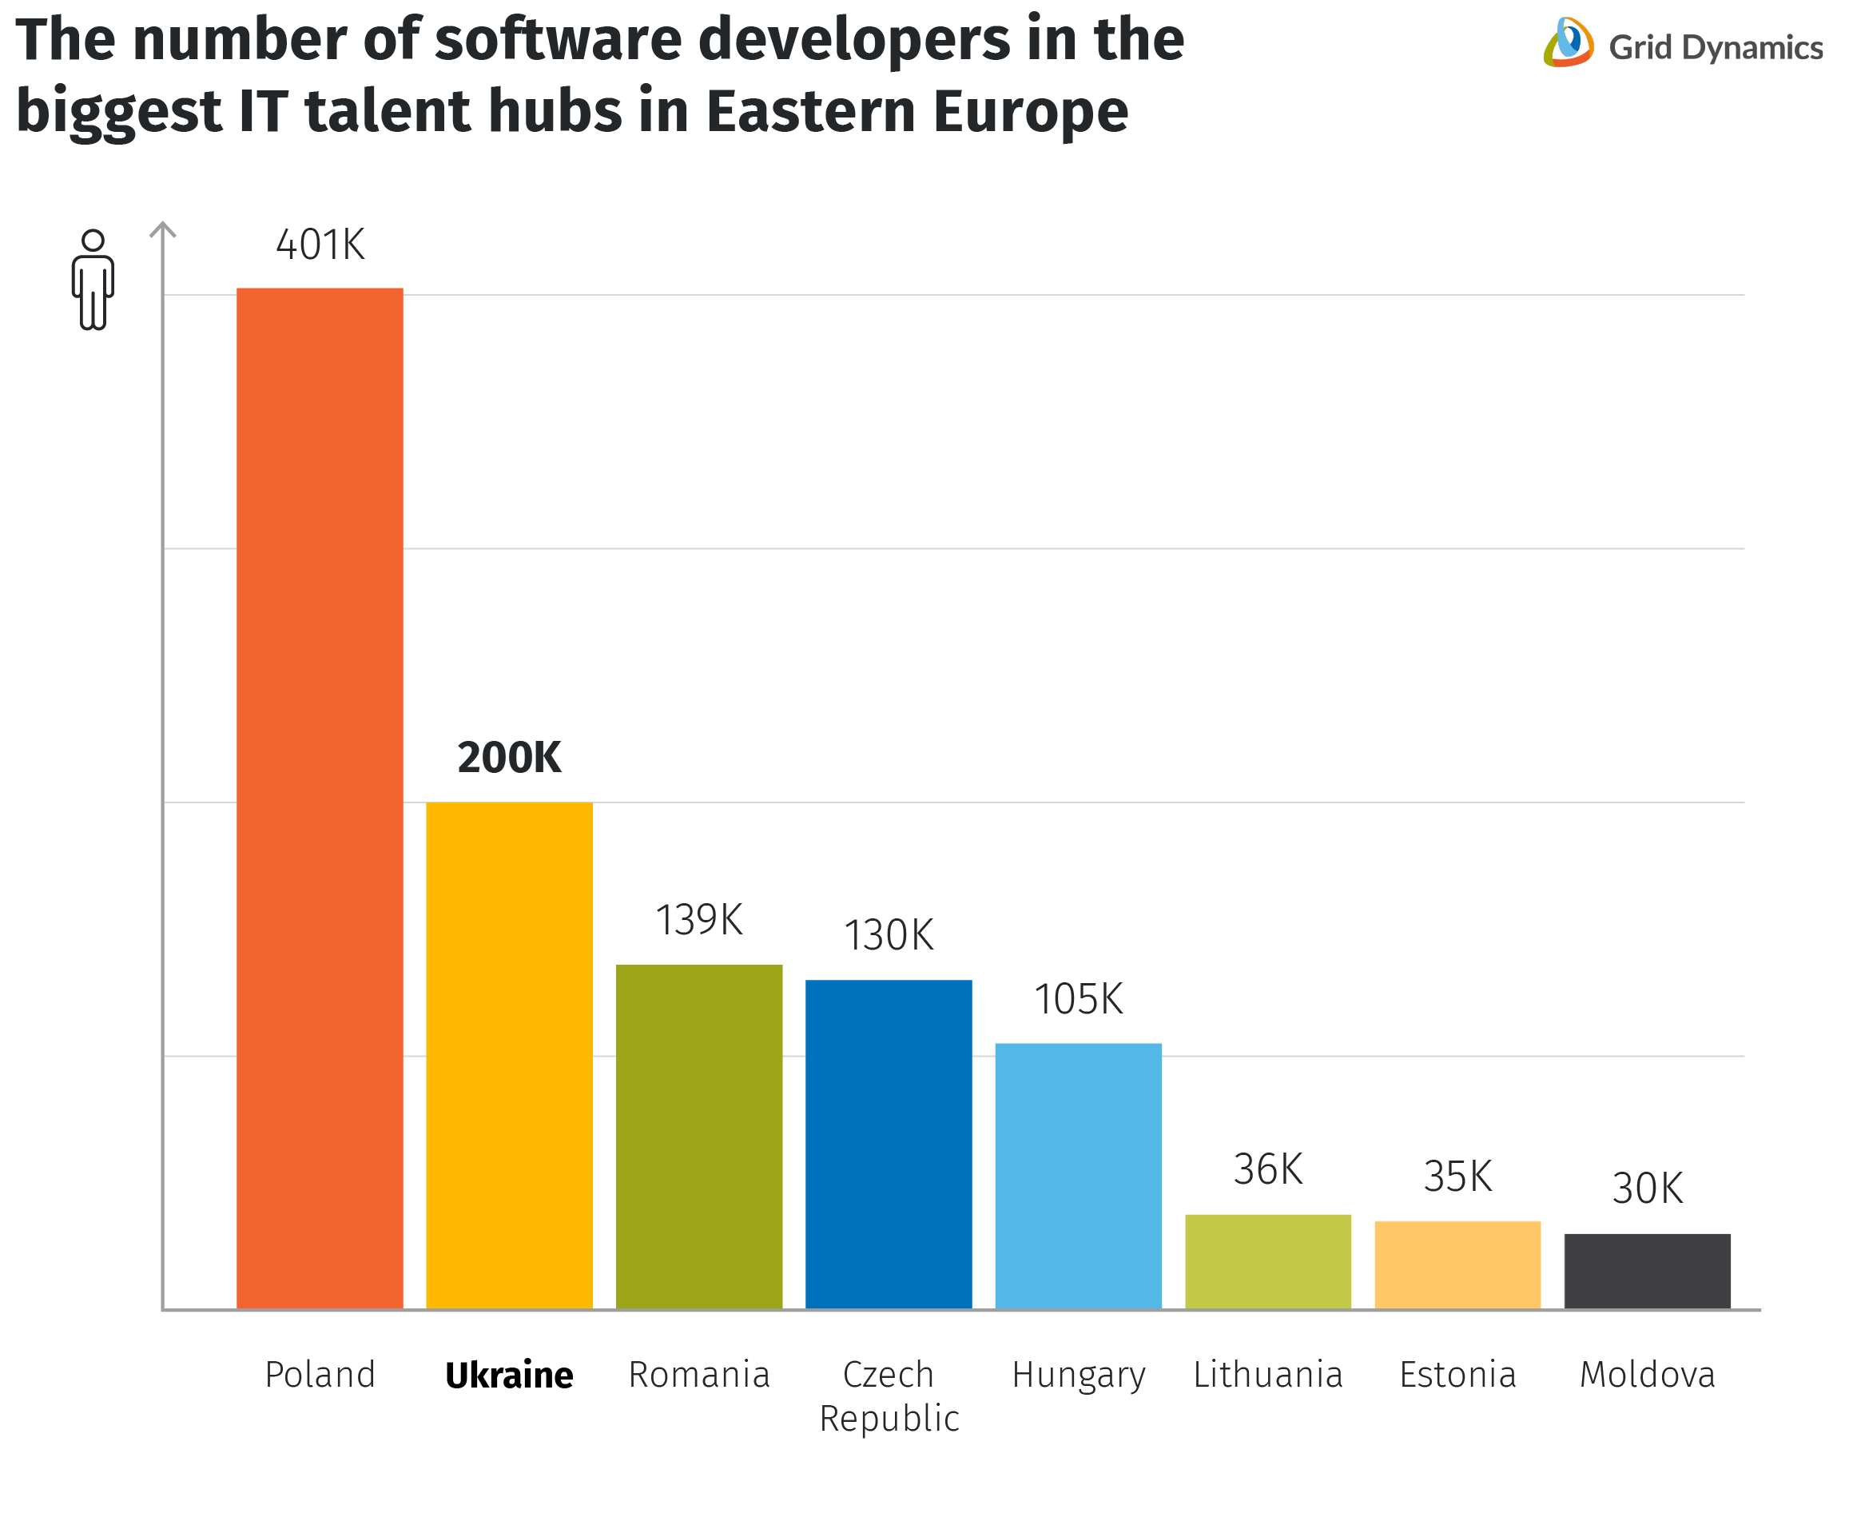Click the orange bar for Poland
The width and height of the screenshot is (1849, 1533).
tap(320, 797)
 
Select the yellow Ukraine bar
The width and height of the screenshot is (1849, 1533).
tap(509, 1054)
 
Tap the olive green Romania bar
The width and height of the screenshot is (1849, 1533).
tap(698, 1136)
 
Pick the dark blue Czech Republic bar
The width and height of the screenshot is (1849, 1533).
tap(889, 1143)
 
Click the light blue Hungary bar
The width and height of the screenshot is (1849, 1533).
tap(1078, 1176)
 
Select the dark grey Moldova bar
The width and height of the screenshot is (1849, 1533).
tap(1647, 1271)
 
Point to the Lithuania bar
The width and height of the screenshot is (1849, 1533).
tap(1267, 1261)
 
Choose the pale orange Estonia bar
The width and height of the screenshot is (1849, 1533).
tap(1457, 1264)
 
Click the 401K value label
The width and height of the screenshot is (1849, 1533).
tap(320, 245)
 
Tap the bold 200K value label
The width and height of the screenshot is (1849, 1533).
tap(509, 757)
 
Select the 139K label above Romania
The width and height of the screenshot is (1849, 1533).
tap(698, 920)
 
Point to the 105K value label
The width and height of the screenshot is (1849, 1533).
tap(1078, 999)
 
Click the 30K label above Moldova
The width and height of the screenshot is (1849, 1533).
tap(1647, 1188)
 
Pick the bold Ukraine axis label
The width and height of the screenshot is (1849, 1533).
tap(509, 1375)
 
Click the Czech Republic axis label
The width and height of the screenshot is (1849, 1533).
tap(889, 1396)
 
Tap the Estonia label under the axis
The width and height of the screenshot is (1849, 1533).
tap(1457, 1375)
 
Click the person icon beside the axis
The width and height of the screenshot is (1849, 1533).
tap(93, 280)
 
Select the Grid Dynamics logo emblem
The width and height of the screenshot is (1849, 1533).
tap(1568, 42)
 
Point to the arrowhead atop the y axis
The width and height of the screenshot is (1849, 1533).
tap(163, 230)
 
